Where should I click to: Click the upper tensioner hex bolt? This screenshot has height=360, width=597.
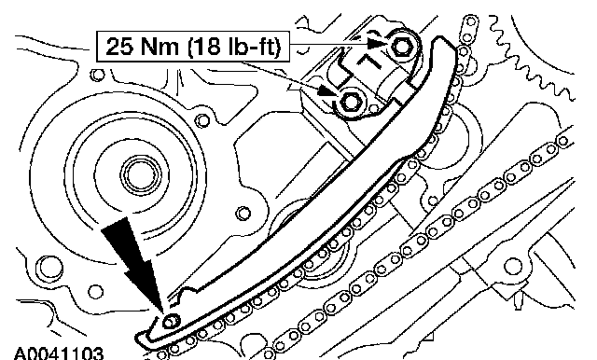point(402,47)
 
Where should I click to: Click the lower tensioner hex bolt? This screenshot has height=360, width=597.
point(349,102)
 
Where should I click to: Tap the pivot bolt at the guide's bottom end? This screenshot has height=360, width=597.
point(170,322)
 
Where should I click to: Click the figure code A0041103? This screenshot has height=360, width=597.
point(58,353)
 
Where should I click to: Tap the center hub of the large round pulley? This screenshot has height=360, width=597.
point(142,175)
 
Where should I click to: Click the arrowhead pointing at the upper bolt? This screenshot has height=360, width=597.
point(377,43)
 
